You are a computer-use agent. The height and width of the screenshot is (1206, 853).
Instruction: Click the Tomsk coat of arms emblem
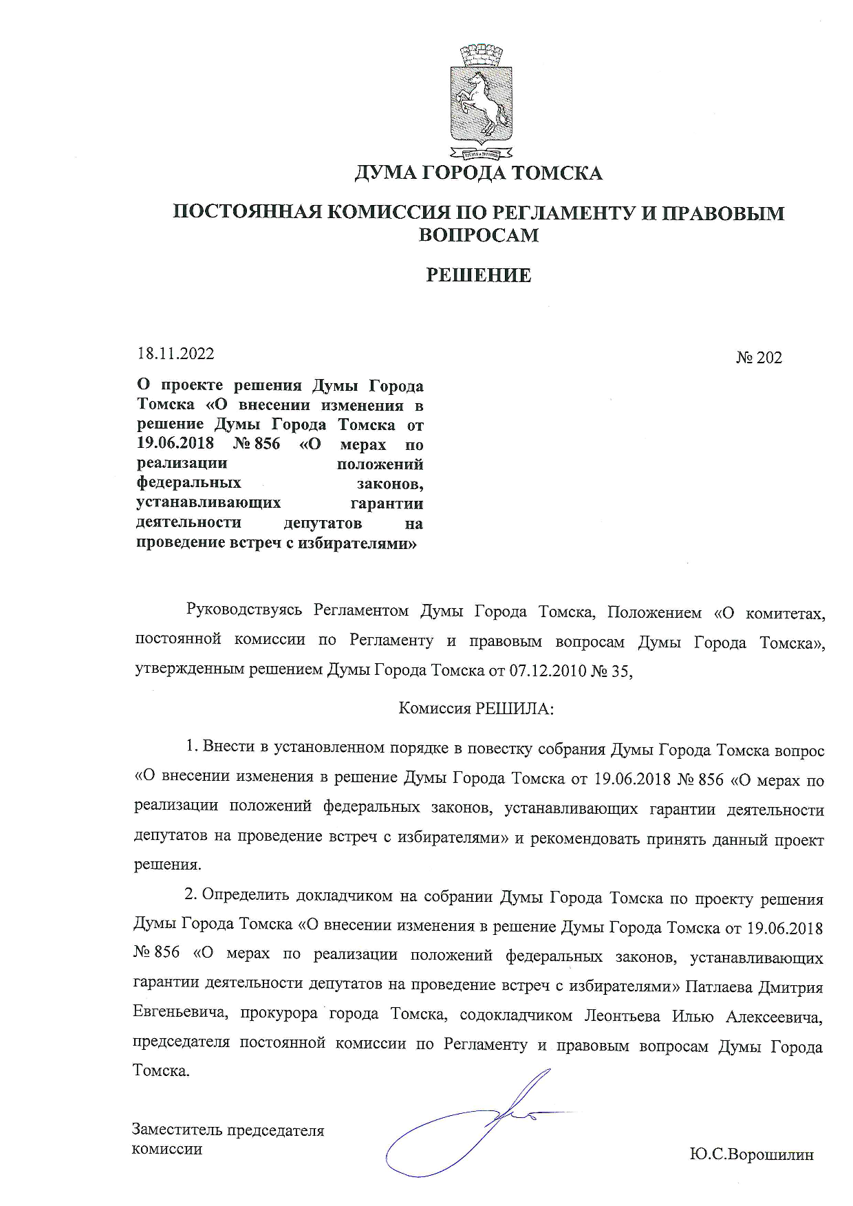[x=481, y=100]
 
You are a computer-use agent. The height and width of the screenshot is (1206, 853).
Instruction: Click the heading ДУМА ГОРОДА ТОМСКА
[x=479, y=173]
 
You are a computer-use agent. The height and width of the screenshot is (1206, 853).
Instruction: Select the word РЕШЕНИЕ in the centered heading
[x=479, y=276]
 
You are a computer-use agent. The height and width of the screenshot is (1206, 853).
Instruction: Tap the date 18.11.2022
[x=176, y=354]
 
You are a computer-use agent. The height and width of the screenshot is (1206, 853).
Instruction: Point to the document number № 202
[x=759, y=358]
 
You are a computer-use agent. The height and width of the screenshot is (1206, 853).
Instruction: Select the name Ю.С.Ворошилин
[x=752, y=1154]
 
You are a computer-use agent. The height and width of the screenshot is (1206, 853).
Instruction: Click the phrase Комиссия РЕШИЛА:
[x=477, y=709]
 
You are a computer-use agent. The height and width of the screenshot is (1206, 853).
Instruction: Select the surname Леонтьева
[x=623, y=1016]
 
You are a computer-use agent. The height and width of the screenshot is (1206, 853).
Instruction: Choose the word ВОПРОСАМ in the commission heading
[x=479, y=235]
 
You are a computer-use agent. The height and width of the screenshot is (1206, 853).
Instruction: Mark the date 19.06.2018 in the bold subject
[x=175, y=444]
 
